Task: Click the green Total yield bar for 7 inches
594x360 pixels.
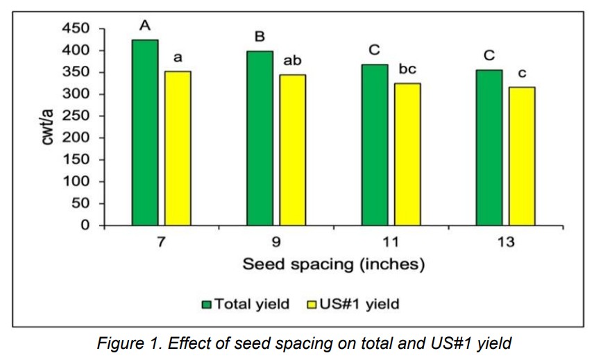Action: click(x=145, y=132)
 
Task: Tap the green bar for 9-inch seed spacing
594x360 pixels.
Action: click(x=260, y=138)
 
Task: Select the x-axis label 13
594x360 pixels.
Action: click(x=505, y=243)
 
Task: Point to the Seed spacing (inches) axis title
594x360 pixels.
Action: click(x=333, y=264)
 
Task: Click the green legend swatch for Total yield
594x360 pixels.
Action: click(x=206, y=304)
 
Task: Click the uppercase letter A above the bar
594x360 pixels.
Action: click(x=145, y=26)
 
